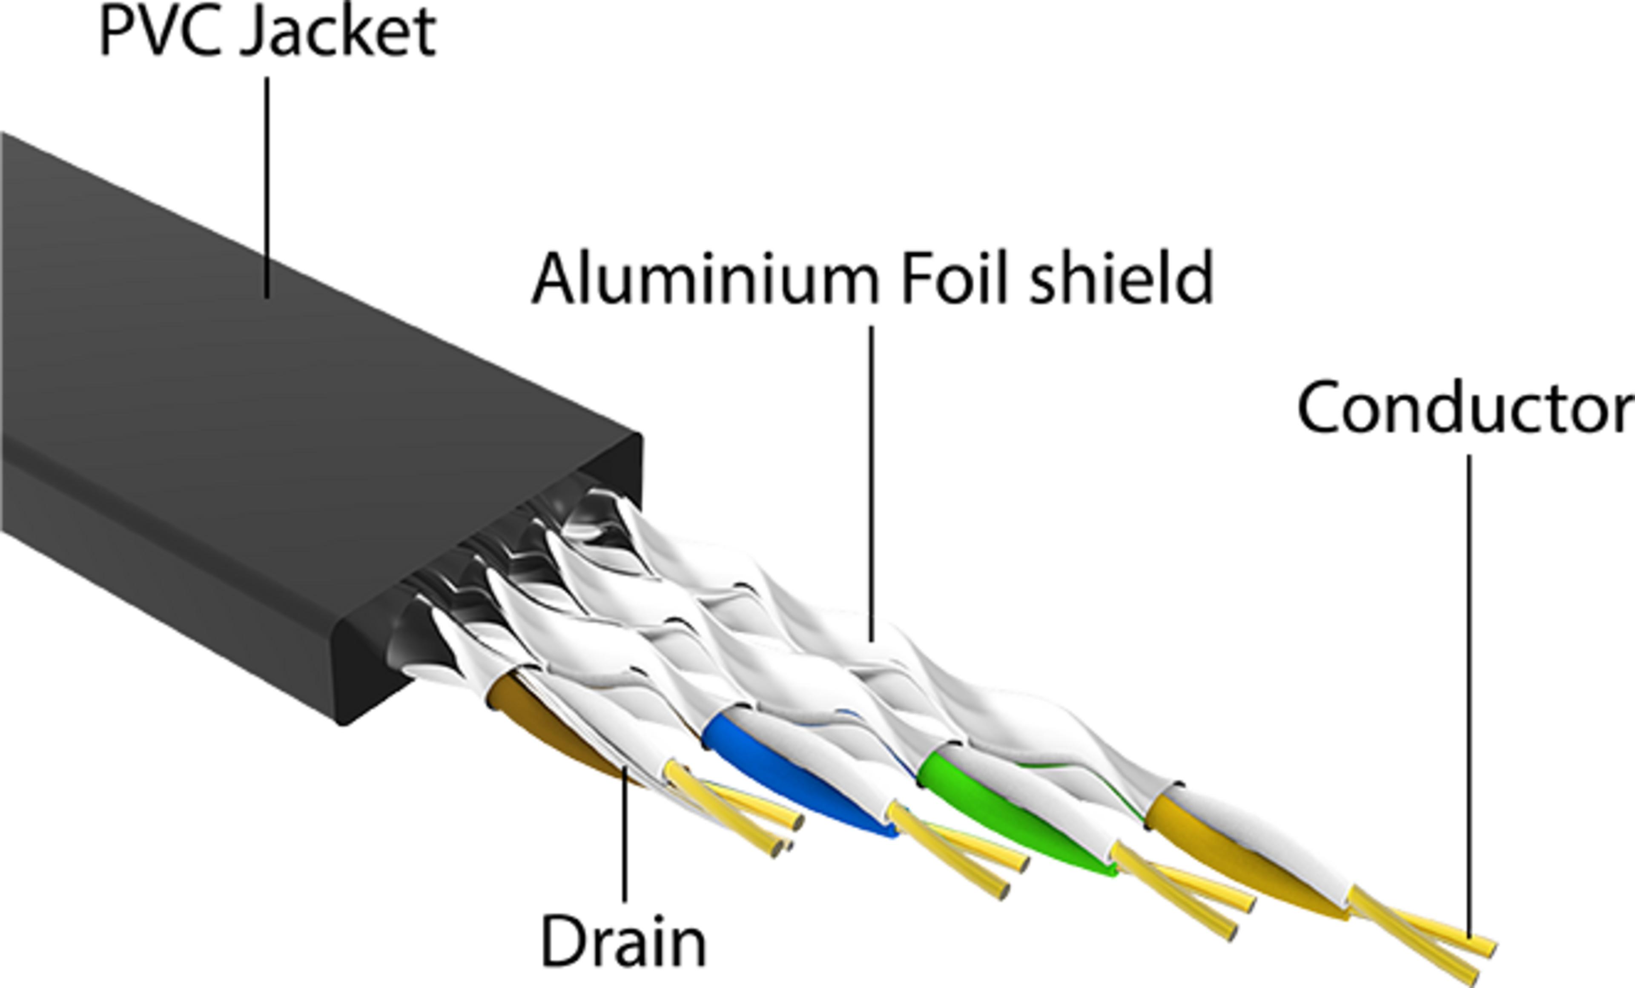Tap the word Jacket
[x=338, y=33]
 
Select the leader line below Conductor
[x=1469, y=697]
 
